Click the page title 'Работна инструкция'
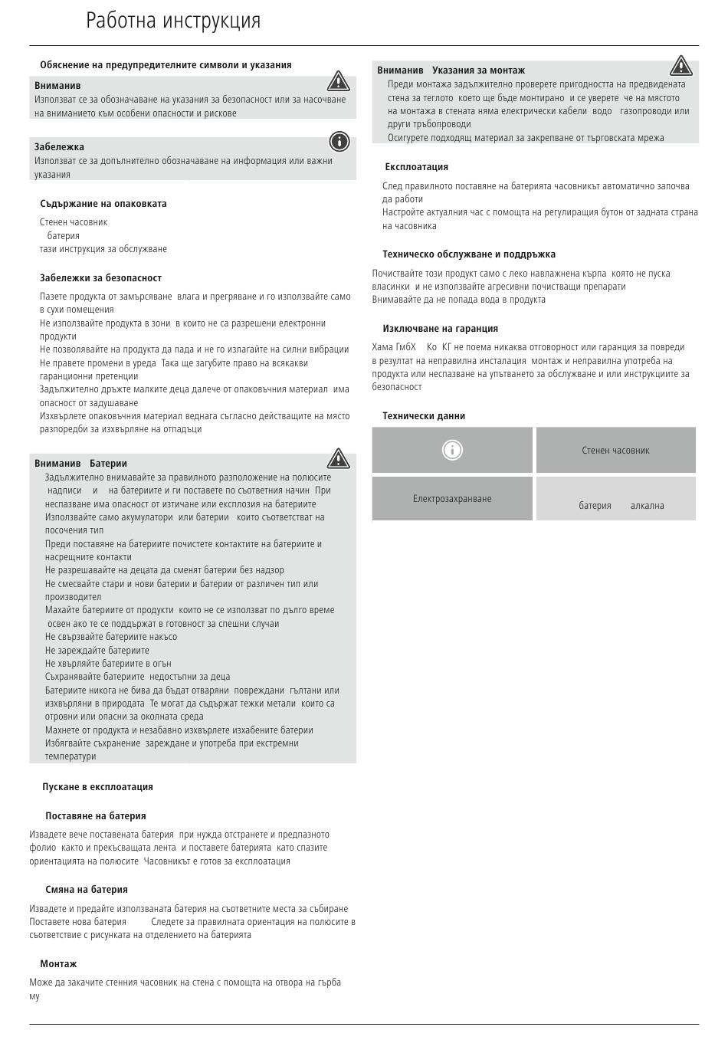point(173,21)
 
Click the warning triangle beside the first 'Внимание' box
point(338,80)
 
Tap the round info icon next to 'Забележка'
point(339,141)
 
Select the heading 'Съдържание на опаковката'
point(103,204)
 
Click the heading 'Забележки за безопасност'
point(100,278)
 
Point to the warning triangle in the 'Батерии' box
point(338,459)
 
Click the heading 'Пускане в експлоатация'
point(97,787)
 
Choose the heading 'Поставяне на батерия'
point(95,816)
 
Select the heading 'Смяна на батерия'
point(86,890)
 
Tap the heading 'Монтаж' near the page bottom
point(58,964)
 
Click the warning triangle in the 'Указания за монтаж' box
point(680,67)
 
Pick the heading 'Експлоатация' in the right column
point(416,167)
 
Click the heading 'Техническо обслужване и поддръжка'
point(469,254)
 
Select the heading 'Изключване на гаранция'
point(440,329)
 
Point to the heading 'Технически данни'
point(424,416)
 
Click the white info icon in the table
point(452,450)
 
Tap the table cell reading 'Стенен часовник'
point(615,451)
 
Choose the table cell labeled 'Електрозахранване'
point(452,499)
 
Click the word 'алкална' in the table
point(647,506)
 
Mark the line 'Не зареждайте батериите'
point(97,651)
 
